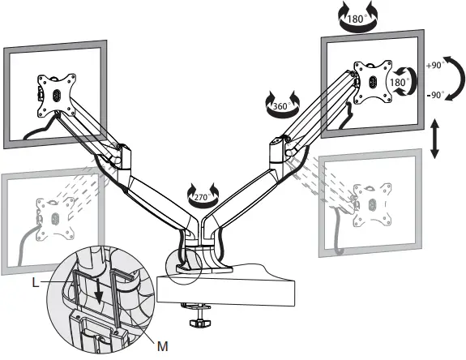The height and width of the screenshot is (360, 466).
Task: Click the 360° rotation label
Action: click(x=280, y=105)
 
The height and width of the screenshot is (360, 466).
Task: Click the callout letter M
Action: click(x=162, y=346)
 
